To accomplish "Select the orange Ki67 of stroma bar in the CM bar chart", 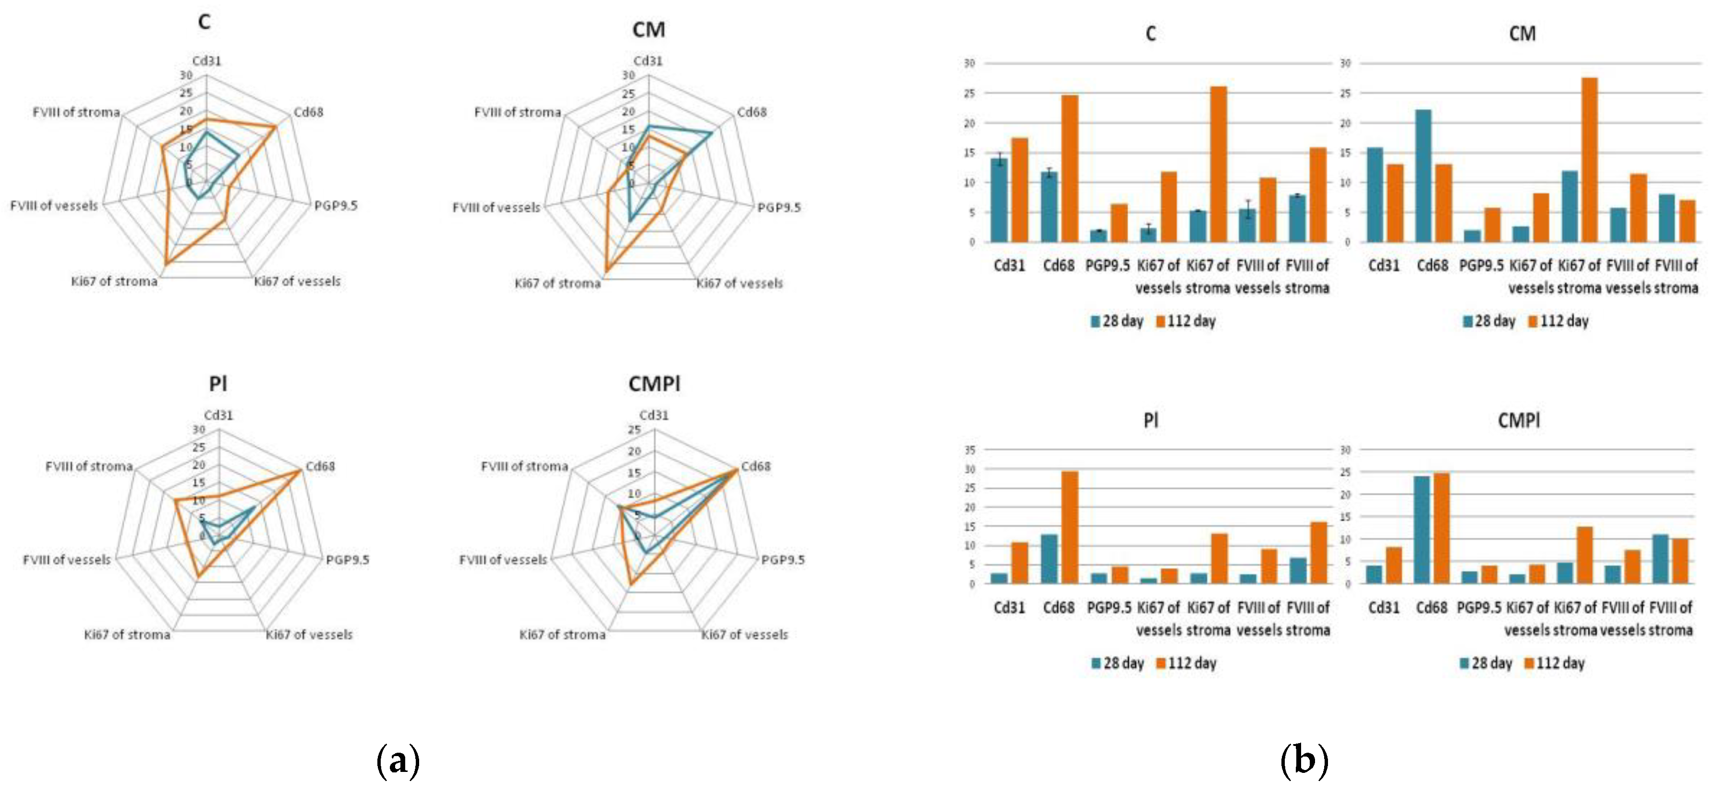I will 1589,160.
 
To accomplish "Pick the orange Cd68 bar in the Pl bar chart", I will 1069,527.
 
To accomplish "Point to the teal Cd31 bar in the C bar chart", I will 999,200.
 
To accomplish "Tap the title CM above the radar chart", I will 648,30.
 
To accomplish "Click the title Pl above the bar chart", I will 1150,421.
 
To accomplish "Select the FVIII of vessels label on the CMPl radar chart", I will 503,560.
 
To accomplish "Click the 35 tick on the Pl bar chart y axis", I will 969,451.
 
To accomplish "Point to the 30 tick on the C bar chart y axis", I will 969,64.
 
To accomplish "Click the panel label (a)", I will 398,760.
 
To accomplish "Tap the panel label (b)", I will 1304,760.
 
